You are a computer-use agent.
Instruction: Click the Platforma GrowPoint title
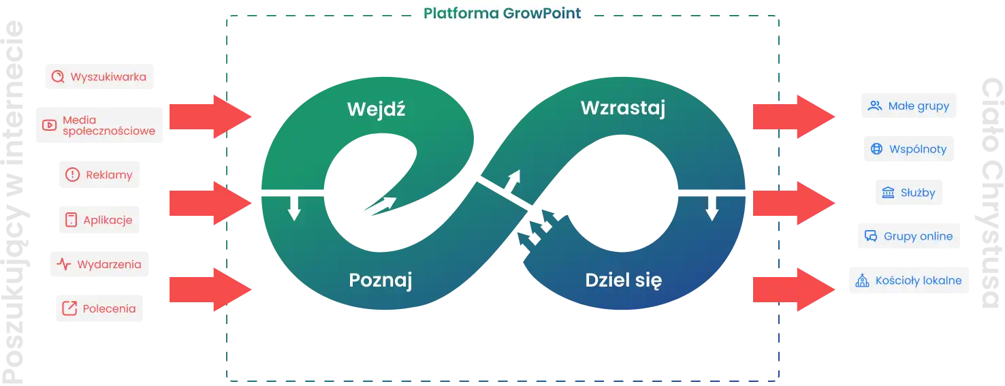tap(502, 13)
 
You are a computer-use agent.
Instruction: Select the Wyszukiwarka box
tap(101, 77)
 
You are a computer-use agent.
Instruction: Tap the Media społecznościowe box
tap(99, 125)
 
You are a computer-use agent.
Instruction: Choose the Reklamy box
tap(98, 175)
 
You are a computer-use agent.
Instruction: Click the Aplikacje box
tap(98, 220)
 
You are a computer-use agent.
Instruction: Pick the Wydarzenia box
tap(100, 264)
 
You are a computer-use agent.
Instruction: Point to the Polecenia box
tap(100, 308)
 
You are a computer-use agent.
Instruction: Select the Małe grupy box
tap(909, 106)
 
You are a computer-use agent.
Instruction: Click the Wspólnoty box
tap(909, 149)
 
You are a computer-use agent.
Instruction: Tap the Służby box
tap(908, 193)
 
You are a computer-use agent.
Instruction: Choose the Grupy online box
tap(910, 236)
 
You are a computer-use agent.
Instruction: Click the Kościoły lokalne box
tap(906, 280)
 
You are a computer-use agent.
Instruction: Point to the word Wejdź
tap(376, 109)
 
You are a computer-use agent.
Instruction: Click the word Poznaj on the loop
tap(381, 280)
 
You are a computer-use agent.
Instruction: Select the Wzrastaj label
tap(622, 108)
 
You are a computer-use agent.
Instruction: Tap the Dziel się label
tap(623, 280)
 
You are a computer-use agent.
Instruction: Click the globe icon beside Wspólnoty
tap(876, 149)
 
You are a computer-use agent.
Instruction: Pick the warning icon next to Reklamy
tap(72, 175)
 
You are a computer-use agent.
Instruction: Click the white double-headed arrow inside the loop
tap(378, 210)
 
